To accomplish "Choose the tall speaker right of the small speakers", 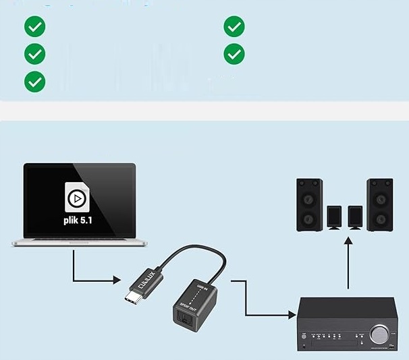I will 380,205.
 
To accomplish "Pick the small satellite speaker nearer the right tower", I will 355,217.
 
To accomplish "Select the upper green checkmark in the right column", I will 234,27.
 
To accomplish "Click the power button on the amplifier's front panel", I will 305,335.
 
